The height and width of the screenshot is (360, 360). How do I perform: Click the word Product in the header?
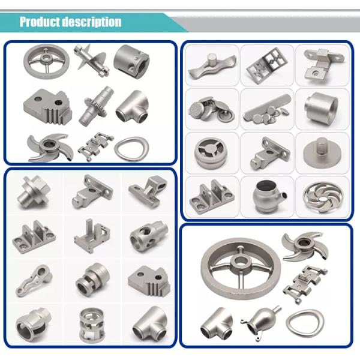point(40,22)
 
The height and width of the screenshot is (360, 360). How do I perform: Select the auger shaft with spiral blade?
point(91,60)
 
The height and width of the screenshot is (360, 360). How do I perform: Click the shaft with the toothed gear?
point(96,106)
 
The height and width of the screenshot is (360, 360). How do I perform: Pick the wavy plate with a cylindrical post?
point(212,65)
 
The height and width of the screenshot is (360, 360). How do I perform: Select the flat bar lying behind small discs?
point(267,107)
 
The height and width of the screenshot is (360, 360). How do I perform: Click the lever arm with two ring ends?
point(34,281)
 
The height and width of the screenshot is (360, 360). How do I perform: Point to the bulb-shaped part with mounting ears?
point(261,322)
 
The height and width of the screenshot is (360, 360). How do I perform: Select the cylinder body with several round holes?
point(149,236)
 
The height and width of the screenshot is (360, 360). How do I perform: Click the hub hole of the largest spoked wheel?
point(241,263)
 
